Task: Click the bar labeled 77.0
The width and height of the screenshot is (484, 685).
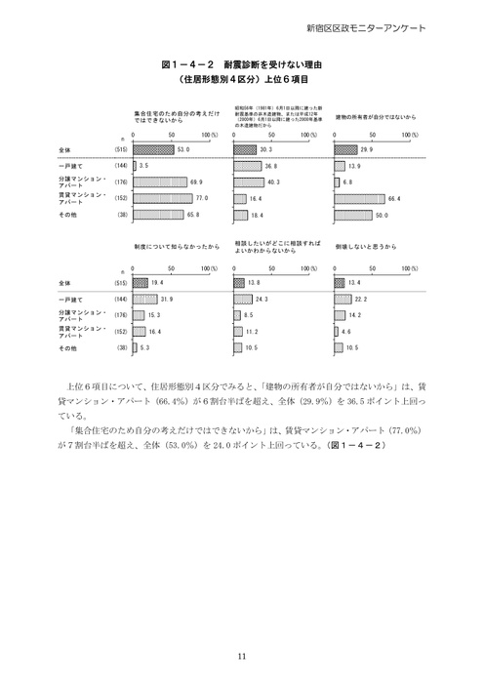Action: (167, 197)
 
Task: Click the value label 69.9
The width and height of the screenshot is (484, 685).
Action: (196, 181)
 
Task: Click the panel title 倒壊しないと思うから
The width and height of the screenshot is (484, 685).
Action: (364, 248)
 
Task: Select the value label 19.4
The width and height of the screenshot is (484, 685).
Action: (156, 281)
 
